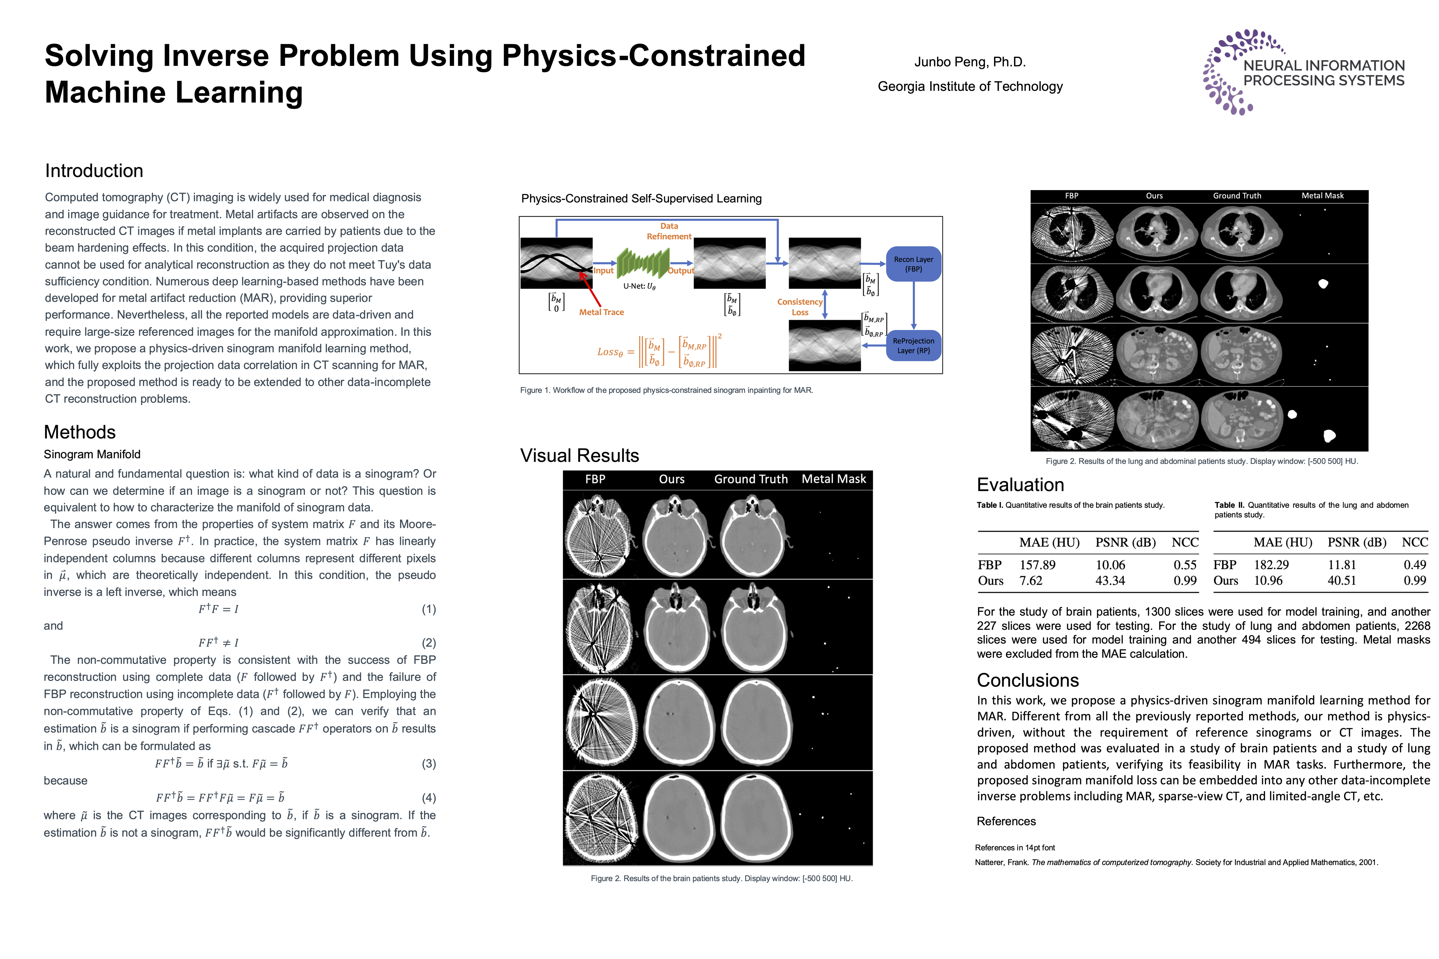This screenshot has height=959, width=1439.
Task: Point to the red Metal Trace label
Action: tap(602, 312)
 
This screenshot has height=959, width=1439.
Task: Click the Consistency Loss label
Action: tap(800, 307)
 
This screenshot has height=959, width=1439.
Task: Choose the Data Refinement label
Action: tap(669, 231)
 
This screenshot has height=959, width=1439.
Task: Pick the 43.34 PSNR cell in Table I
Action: tap(1110, 580)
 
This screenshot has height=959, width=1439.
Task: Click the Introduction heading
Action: tap(94, 170)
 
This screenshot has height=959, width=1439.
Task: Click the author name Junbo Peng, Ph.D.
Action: tap(970, 62)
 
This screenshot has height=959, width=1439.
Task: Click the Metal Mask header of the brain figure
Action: tap(833, 479)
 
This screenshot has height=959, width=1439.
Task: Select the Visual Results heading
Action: tap(579, 456)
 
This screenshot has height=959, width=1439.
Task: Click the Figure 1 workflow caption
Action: tap(666, 390)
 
